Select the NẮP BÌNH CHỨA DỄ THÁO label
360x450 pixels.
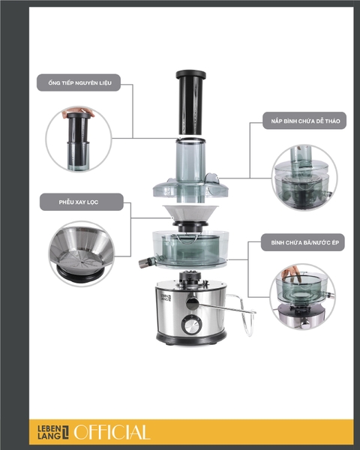click(x=303, y=120)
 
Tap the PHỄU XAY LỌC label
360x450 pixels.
click(x=80, y=202)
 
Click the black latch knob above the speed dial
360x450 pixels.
click(x=191, y=301)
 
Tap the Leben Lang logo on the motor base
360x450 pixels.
click(x=166, y=298)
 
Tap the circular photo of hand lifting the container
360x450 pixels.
click(x=303, y=293)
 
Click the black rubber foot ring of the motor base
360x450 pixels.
click(x=192, y=341)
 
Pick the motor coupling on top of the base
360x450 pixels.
click(x=192, y=277)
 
